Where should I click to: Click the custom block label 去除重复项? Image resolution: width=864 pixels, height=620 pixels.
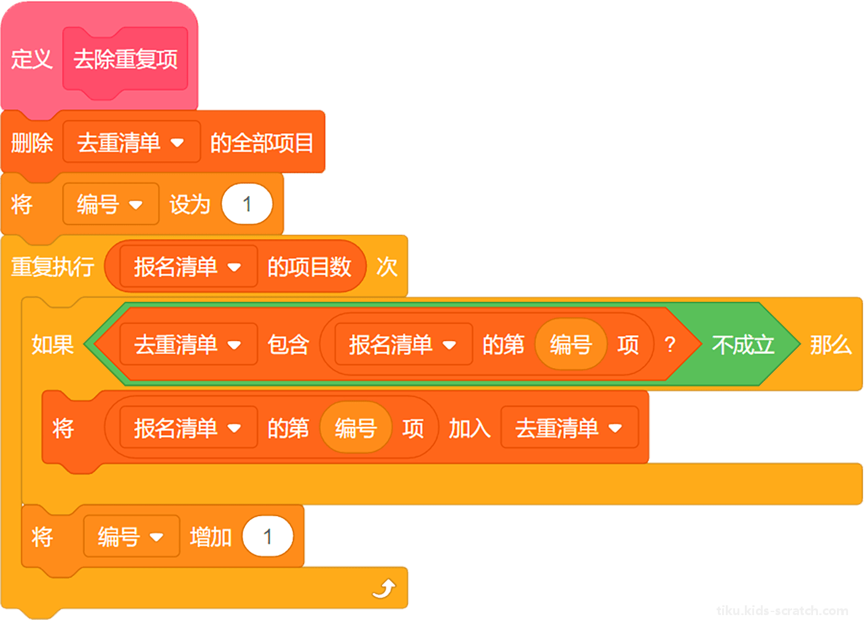point(125,59)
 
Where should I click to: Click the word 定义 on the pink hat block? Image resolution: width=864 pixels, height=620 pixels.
point(32,59)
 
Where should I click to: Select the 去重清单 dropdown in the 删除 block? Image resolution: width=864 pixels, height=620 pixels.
point(131,142)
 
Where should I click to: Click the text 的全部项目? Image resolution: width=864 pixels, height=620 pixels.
point(262,143)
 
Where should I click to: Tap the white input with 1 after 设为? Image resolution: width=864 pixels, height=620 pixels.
point(247,204)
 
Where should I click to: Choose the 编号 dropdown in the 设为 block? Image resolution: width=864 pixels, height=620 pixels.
point(111,204)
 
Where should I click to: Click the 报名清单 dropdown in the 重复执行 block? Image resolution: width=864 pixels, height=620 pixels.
point(189,267)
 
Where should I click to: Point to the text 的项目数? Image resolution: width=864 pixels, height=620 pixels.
point(309,267)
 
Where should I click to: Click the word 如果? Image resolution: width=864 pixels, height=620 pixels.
point(52,344)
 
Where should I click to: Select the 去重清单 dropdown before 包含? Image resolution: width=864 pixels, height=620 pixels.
point(189,344)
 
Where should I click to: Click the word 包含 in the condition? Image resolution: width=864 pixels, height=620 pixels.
point(288,344)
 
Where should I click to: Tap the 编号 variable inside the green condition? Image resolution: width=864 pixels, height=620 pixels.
point(571,344)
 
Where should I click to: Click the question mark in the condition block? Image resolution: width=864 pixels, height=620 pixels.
point(671,344)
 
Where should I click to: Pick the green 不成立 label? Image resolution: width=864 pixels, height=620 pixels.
point(743,344)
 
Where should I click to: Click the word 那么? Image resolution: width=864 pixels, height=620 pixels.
point(830,344)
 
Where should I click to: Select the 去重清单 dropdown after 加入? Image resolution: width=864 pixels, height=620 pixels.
point(570,427)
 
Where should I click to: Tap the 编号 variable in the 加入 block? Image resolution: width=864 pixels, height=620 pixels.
point(356,427)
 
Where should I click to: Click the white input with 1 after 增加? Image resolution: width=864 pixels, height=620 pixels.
point(268,536)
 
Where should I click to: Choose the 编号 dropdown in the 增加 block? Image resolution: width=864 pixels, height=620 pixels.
point(132,536)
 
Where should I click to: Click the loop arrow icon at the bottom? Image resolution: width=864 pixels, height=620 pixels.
point(384,589)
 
